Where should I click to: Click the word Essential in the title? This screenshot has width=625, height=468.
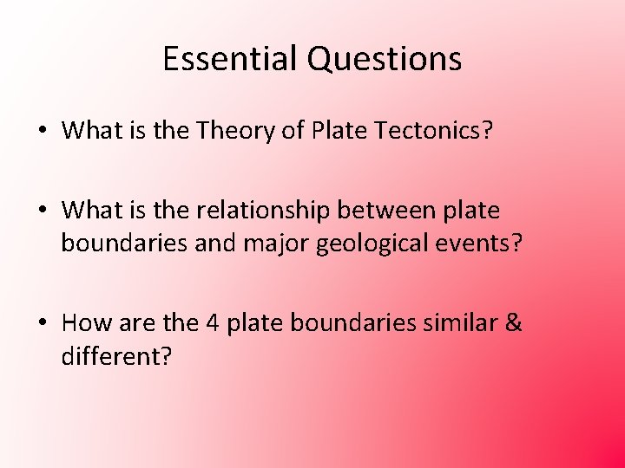[230, 58]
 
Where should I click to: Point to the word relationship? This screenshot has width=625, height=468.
[260, 211]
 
